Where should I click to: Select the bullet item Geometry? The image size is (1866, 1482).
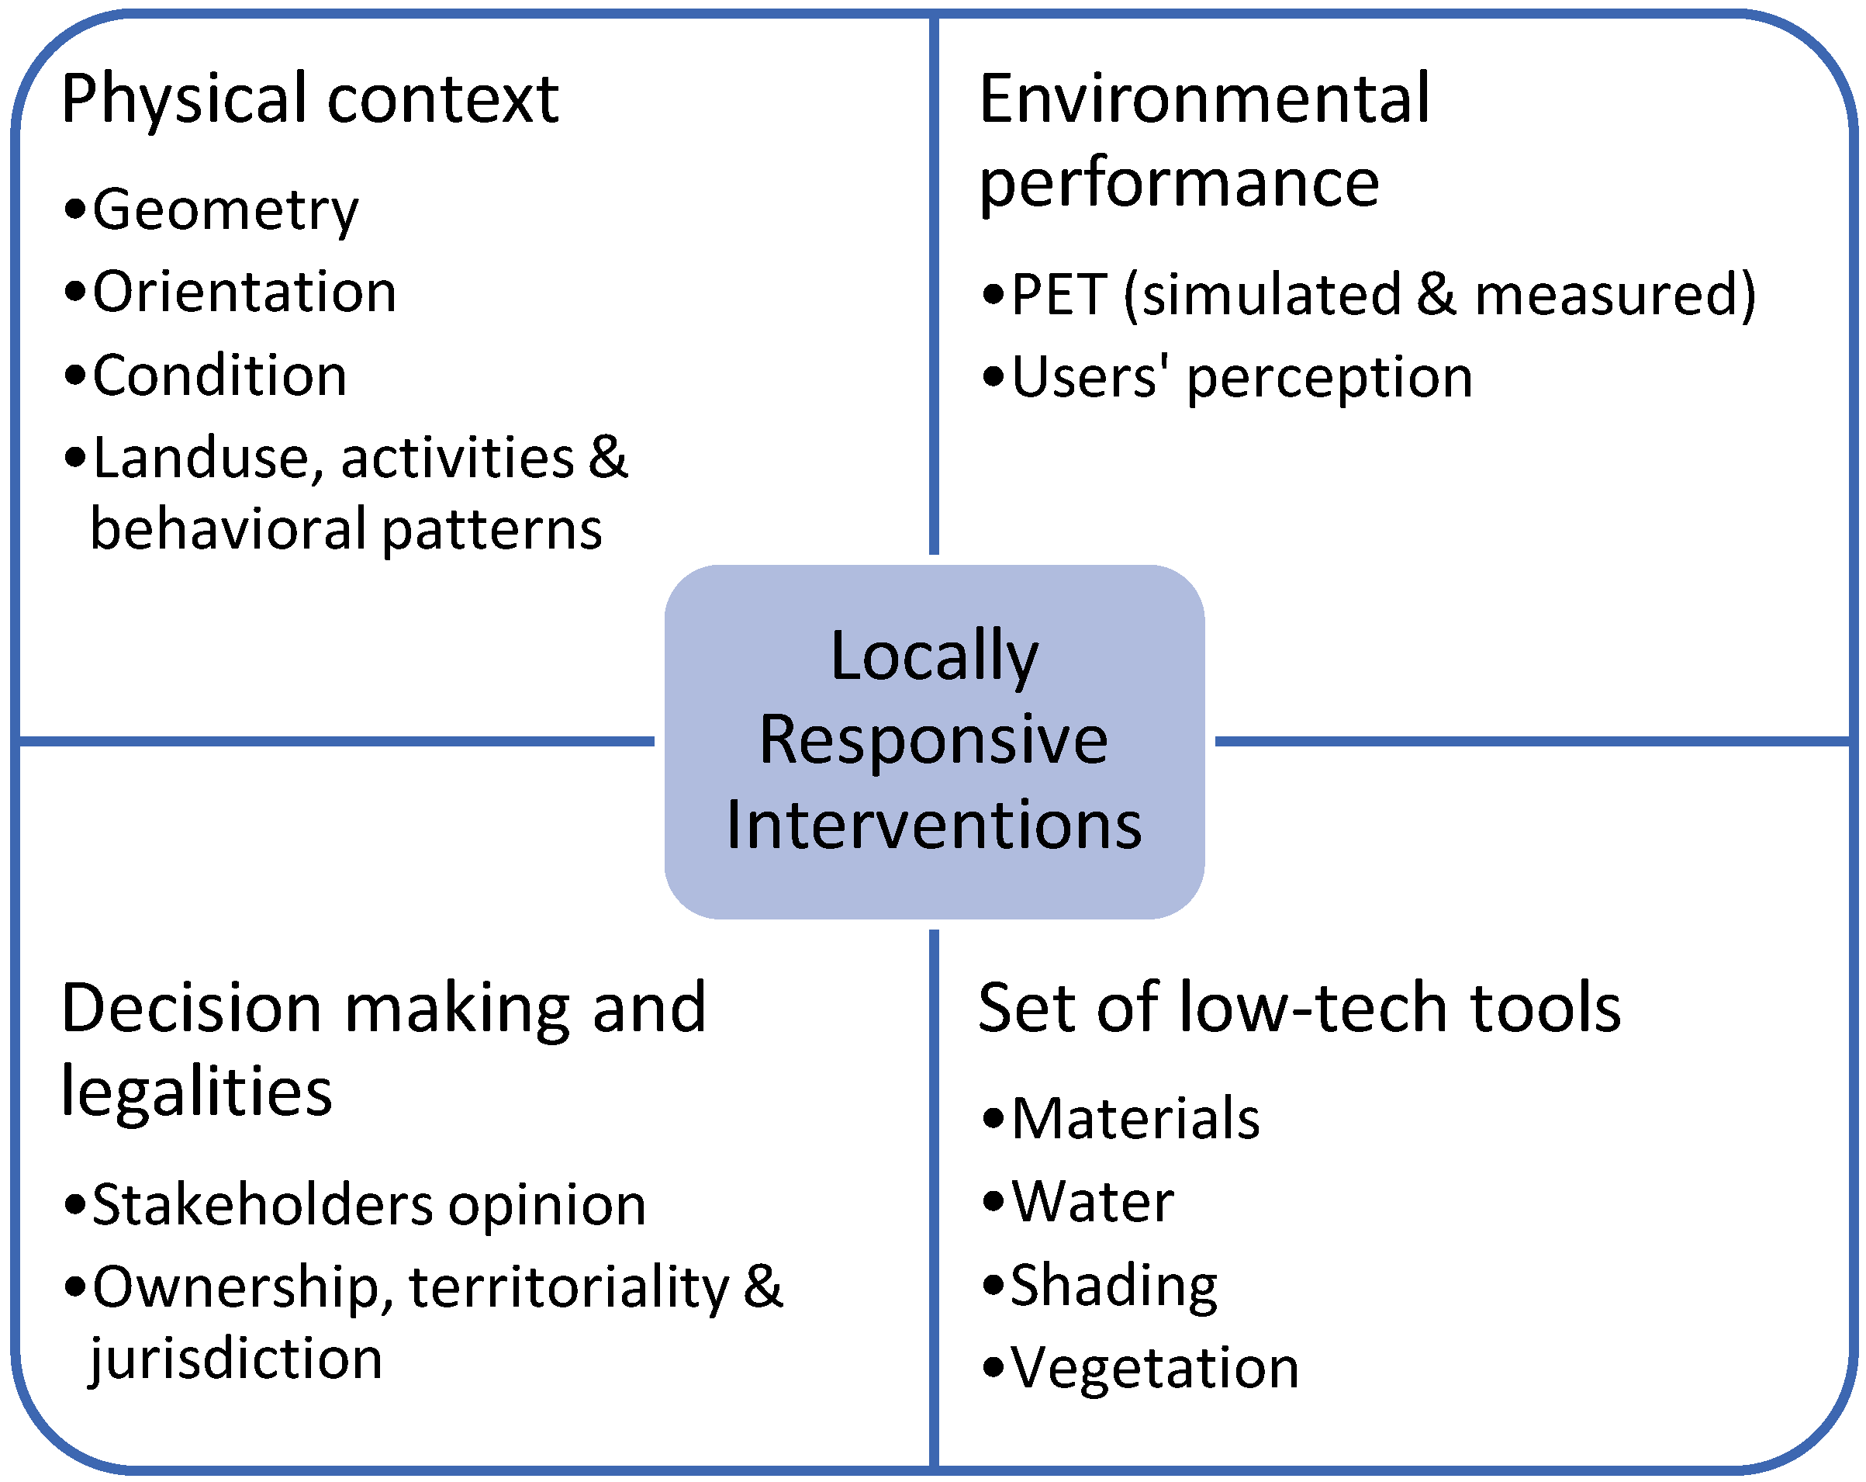[225, 209]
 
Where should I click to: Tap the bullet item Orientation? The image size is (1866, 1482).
[244, 292]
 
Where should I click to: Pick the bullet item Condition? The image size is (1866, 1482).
[219, 376]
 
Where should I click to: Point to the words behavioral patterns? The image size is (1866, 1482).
[346, 529]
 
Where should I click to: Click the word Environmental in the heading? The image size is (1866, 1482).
[1204, 99]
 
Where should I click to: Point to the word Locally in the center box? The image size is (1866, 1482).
[933, 656]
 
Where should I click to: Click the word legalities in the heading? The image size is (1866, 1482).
[196, 1091]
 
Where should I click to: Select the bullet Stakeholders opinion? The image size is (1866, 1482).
[368, 1204]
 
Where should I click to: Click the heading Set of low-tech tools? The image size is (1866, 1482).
[1298, 1008]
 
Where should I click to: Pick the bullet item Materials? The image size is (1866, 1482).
[1135, 1118]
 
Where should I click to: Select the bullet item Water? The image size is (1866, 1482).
[1092, 1202]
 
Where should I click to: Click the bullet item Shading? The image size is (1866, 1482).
[1113, 1286]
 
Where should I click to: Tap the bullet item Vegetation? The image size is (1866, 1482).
[1155, 1369]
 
